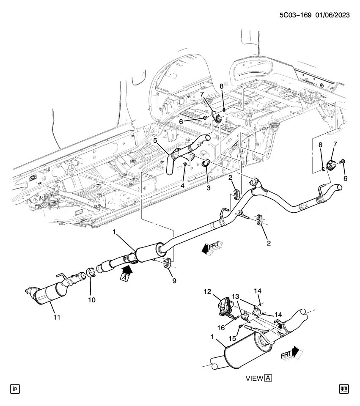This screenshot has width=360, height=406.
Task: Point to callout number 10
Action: pyautogui.click(x=92, y=300)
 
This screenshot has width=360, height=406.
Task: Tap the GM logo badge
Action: pyautogui.click(x=345, y=388)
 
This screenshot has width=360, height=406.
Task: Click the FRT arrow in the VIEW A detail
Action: pyautogui.click(x=292, y=354)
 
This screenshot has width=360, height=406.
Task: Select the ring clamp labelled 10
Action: pyautogui.click(x=91, y=273)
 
